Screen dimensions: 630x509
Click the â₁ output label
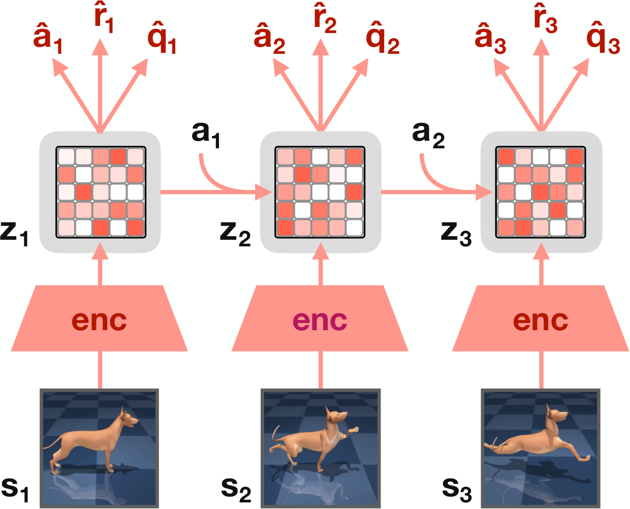pyautogui.click(x=48, y=38)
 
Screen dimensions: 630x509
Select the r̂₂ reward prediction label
pyautogui.click(x=325, y=18)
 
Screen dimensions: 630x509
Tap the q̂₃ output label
pyautogui.click(x=603, y=38)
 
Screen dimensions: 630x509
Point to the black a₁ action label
pyautogui.click(x=206, y=135)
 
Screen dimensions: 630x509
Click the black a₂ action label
pyautogui.click(x=428, y=135)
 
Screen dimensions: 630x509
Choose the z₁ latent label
pyautogui.click(x=14, y=234)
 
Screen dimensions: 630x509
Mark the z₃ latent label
pyautogui.click(x=456, y=234)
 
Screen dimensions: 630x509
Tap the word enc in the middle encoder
pyautogui.click(x=320, y=321)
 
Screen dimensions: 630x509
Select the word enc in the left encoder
pyautogui.click(x=99, y=321)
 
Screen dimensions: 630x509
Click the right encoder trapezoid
pyautogui.click(x=541, y=318)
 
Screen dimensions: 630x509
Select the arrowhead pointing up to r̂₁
pyautogui.click(x=100, y=47)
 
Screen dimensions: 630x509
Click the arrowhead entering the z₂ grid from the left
pyautogui.click(x=263, y=192)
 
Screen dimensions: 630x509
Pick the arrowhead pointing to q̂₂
pyautogui.click(x=360, y=67)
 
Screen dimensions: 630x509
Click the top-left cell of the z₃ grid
pyautogui.click(x=506, y=157)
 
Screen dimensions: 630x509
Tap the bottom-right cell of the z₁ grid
pyautogui.click(x=136, y=228)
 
